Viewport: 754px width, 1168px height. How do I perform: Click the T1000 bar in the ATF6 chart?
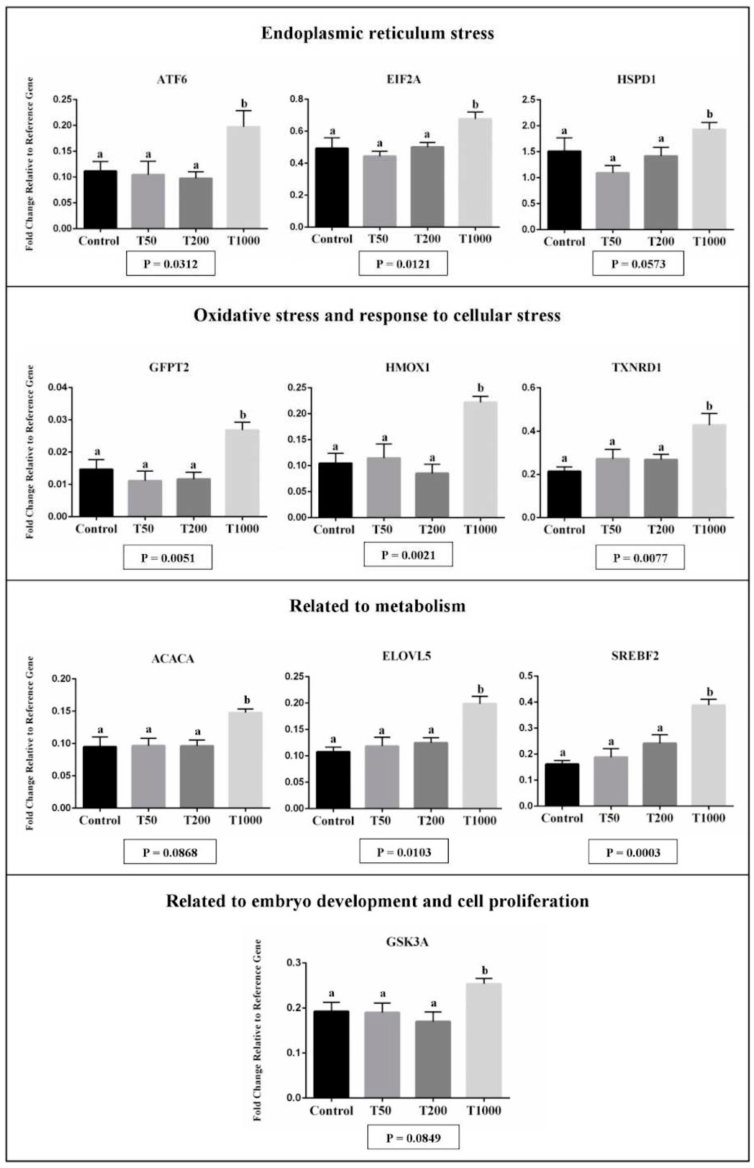pos(243,177)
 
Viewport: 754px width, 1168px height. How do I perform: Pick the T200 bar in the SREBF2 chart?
pos(659,774)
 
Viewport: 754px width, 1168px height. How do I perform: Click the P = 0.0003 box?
pos(633,852)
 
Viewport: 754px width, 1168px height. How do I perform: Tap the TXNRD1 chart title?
pos(636,368)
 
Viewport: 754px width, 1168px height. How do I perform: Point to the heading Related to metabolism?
pos(377,606)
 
